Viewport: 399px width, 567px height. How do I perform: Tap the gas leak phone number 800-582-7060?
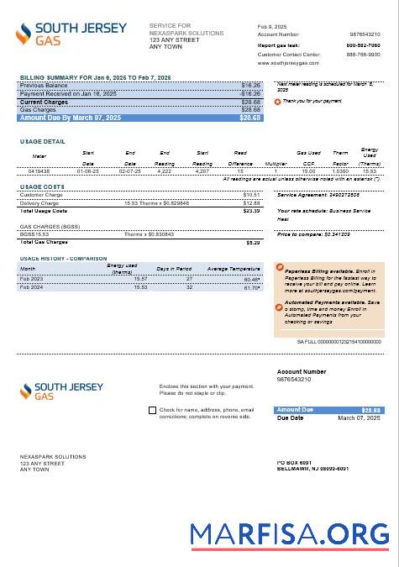click(363, 45)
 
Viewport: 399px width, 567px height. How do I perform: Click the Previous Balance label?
click(44, 86)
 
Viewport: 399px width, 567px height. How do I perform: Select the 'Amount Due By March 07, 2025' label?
click(70, 118)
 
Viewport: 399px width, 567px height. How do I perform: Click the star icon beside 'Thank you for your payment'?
click(278, 101)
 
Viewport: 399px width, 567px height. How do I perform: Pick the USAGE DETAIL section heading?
click(42, 142)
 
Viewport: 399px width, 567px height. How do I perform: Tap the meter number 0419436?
click(39, 171)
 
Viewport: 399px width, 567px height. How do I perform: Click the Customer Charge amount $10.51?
click(251, 195)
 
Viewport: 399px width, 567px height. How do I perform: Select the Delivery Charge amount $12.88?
click(251, 203)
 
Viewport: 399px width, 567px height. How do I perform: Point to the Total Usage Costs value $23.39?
click(251, 211)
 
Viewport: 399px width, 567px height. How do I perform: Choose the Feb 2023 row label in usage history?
click(32, 278)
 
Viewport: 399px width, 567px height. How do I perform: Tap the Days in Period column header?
click(175, 269)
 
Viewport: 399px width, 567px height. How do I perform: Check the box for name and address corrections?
click(151, 411)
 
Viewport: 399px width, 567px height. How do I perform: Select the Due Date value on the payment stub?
click(359, 417)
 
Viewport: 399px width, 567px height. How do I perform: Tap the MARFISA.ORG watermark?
click(290, 534)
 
